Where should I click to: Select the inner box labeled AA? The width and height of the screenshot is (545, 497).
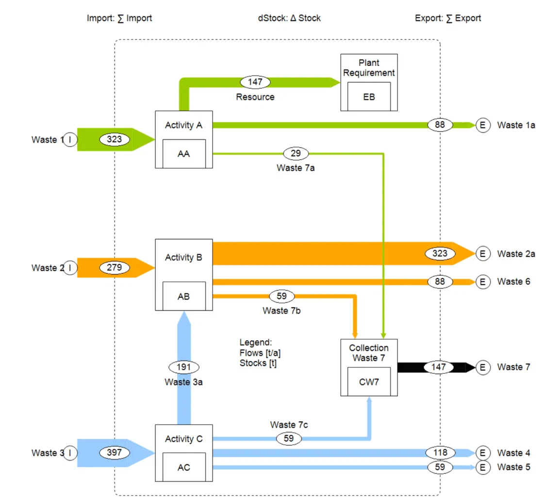(x=184, y=153)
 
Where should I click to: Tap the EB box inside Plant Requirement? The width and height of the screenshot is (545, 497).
(x=369, y=97)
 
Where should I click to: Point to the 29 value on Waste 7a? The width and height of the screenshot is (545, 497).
(x=296, y=153)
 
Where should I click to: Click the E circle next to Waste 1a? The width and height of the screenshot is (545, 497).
(x=482, y=125)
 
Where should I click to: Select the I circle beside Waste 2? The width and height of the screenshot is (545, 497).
(x=70, y=267)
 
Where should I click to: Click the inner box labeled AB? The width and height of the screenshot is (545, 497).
(x=184, y=296)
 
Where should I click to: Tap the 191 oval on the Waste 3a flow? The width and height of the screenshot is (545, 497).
(x=183, y=367)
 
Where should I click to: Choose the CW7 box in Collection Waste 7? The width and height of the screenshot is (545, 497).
(x=369, y=381)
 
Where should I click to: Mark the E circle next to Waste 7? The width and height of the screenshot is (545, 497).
(x=482, y=367)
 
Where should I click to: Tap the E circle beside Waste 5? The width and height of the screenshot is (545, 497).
(x=482, y=467)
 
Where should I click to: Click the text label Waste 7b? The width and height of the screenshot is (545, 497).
(x=281, y=310)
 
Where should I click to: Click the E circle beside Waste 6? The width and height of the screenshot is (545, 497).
(x=482, y=282)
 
